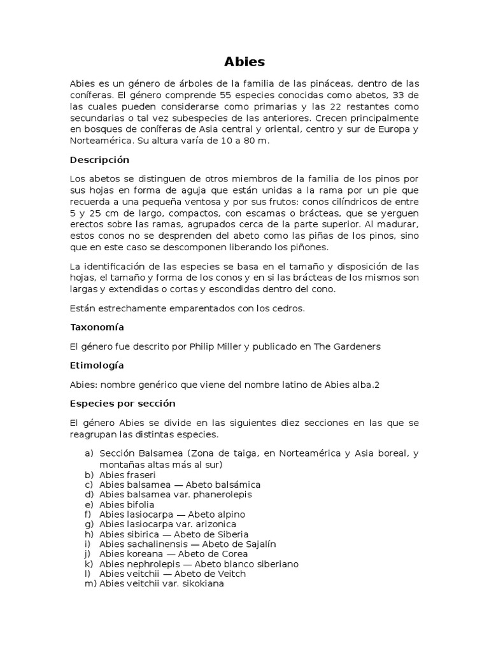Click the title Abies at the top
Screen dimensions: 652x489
point(244,62)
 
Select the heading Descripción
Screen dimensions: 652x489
point(99,160)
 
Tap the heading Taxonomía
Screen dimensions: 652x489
point(97,327)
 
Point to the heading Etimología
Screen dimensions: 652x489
point(97,365)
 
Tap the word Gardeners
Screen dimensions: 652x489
point(357,346)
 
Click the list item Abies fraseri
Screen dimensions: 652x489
point(127,475)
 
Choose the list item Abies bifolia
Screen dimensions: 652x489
point(127,504)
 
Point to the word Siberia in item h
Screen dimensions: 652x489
point(228,534)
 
